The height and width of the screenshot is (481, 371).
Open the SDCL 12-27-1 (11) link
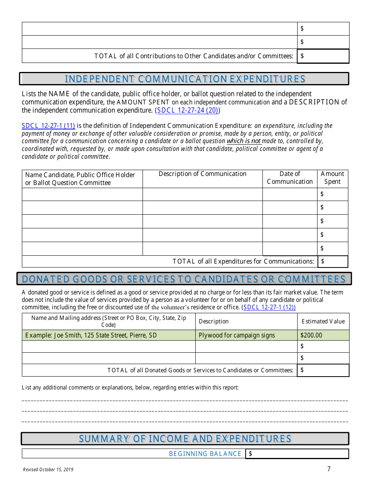[48, 126]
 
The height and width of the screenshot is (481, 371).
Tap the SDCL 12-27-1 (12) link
[269, 307]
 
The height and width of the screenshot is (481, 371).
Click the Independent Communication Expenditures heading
[184, 79]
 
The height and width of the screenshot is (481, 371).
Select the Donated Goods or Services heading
[184, 279]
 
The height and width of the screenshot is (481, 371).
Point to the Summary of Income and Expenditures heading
[185, 439]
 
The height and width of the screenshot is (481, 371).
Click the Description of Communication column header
[202, 174]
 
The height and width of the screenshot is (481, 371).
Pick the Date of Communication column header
[290, 178]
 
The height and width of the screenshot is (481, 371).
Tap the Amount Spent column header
[332, 178]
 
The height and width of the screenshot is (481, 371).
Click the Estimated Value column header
[323, 321]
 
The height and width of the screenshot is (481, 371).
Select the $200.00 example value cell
[323, 335]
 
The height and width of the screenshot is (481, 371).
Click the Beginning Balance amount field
[297, 454]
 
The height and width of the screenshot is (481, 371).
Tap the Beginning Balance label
[205, 454]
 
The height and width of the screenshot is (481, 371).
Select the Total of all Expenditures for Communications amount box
[333, 262]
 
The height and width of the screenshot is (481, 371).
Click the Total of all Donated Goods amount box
[323, 370]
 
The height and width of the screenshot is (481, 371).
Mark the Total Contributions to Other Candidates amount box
[323, 56]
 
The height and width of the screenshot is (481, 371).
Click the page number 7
[329, 469]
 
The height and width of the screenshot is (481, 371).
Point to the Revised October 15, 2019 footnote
[48, 470]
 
